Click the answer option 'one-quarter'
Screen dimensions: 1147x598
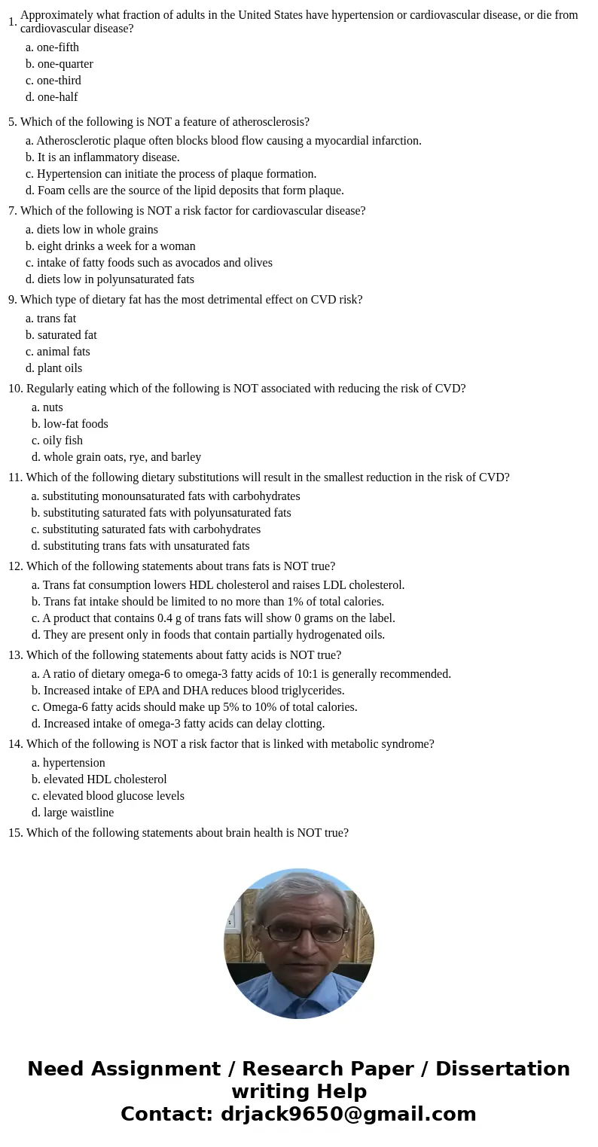pos(65,64)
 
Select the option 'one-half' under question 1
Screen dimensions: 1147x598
pos(57,97)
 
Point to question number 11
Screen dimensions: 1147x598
pos(15,477)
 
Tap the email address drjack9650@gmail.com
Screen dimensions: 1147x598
pos(348,1114)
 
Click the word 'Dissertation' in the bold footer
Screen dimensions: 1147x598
pos(502,1069)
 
